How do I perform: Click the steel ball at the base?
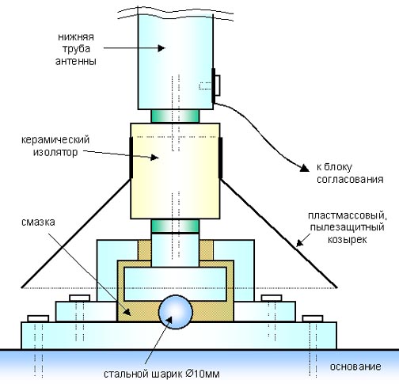click(x=176, y=312)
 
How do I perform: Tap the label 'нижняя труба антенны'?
click(x=76, y=49)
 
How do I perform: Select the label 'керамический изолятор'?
click(x=55, y=146)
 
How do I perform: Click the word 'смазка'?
click(x=38, y=222)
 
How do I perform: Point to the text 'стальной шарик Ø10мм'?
click(x=161, y=374)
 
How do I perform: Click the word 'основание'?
click(x=355, y=367)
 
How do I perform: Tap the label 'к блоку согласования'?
click(x=350, y=173)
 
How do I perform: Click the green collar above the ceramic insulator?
click(x=175, y=116)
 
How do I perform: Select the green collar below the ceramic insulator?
click(x=175, y=226)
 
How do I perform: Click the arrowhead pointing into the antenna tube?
click(x=161, y=48)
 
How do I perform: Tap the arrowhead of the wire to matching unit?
click(x=305, y=168)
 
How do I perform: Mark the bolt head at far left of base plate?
click(x=38, y=318)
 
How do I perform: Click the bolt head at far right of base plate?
click(x=313, y=318)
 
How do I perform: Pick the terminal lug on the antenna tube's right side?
click(x=216, y=86)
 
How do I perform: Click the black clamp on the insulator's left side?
click(x=131, y=158)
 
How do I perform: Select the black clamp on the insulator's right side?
click(x=220, y=158)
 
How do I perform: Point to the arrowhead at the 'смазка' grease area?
click(x=127, y=312)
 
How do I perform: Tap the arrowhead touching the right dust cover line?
click(x=299, y=243)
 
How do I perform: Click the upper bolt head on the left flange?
click(x=80, y=298)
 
